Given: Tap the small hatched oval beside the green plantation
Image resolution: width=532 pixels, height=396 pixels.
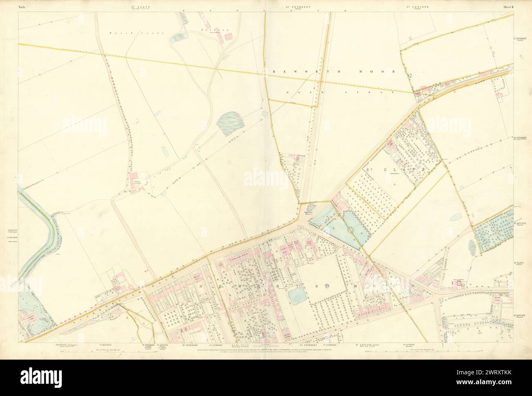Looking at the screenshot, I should [x=471, y=246].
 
